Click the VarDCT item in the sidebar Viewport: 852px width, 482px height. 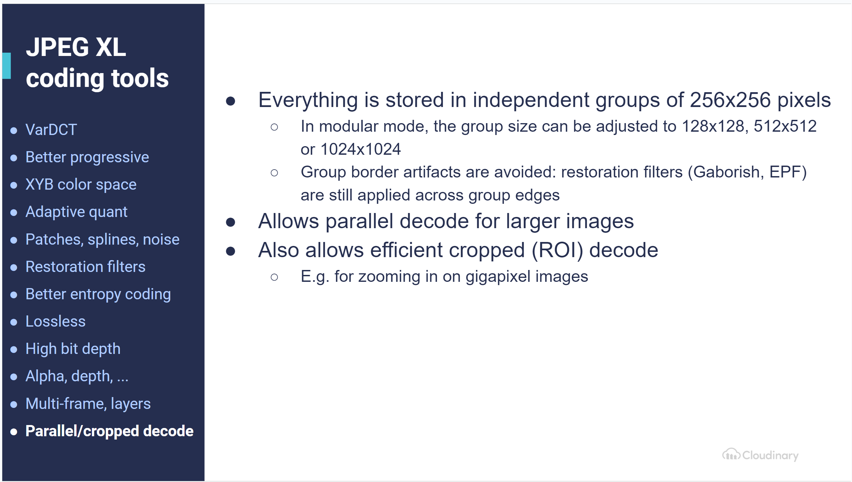[x=51, y=129]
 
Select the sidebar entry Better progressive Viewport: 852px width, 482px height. [x=87, y=157]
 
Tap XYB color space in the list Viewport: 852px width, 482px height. [x=81, y=185]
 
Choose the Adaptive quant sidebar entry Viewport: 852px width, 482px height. [x=76, y=212]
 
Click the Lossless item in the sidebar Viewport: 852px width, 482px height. [x=55, y=321]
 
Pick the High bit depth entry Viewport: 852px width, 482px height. [x=73, y=349]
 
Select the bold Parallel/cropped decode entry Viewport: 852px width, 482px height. [x=109, y=431]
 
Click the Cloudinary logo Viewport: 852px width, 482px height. [x=760, y=455]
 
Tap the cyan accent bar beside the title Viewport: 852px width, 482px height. [x=7, y=66]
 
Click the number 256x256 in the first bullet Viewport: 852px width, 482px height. [x=730, y=100]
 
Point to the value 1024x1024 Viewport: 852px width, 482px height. [x=361, y=149]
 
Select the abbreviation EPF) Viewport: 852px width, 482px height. [x=788, y=172]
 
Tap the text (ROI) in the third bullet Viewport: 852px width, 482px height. [x=557, y=250]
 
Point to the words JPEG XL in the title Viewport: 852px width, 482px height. [x=76, y=47]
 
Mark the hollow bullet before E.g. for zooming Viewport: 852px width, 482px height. [x=274, y=277]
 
